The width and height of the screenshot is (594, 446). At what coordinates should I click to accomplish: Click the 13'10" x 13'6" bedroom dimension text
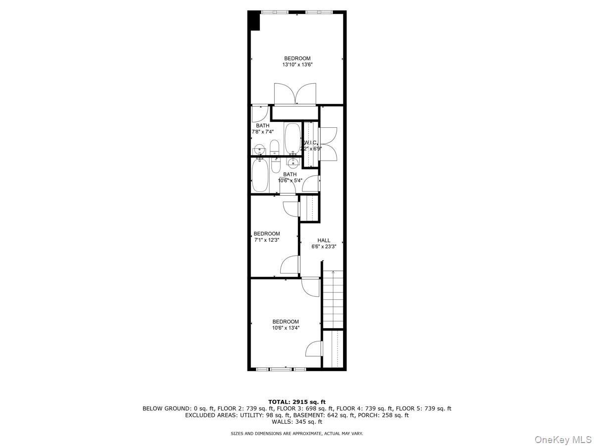coord(297,64)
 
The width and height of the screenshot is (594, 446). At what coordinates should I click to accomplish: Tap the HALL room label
coord(324,240)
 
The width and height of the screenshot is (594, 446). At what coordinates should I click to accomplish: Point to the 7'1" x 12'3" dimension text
coord(267,240)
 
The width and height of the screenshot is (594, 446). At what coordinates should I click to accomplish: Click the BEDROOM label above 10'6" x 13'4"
coord(286,322)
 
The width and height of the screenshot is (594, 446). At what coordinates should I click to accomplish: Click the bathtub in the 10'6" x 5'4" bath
coord(260,175)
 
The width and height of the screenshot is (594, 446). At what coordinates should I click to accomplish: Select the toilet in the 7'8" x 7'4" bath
coord(275,147)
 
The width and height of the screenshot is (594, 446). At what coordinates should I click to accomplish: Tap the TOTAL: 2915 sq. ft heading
coord(297,402)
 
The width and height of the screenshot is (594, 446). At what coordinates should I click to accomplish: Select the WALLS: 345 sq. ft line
coord(297,422)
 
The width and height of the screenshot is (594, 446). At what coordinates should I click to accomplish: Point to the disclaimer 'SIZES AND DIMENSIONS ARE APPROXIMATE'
coord(297,434)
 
